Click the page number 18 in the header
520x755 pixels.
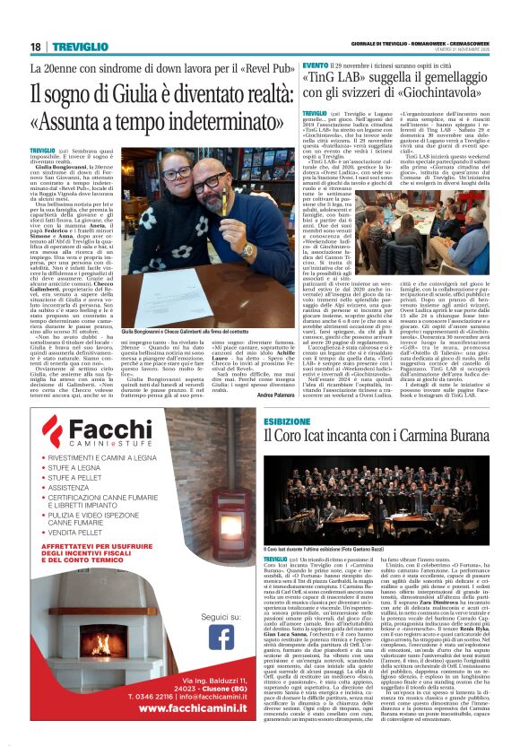point(35,47)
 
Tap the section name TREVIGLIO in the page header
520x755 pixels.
point(78,47)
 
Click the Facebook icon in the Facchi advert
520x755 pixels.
point(221,637)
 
